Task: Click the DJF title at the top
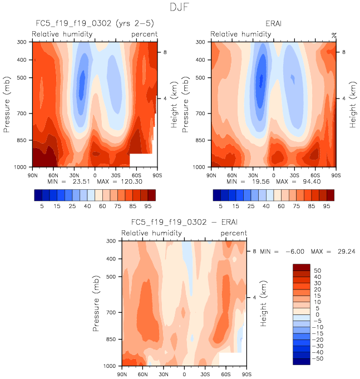coord(179,7)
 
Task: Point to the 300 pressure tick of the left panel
coord(23,42)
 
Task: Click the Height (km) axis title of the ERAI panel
coord(353,104)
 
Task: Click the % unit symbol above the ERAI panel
coord(334,35)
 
